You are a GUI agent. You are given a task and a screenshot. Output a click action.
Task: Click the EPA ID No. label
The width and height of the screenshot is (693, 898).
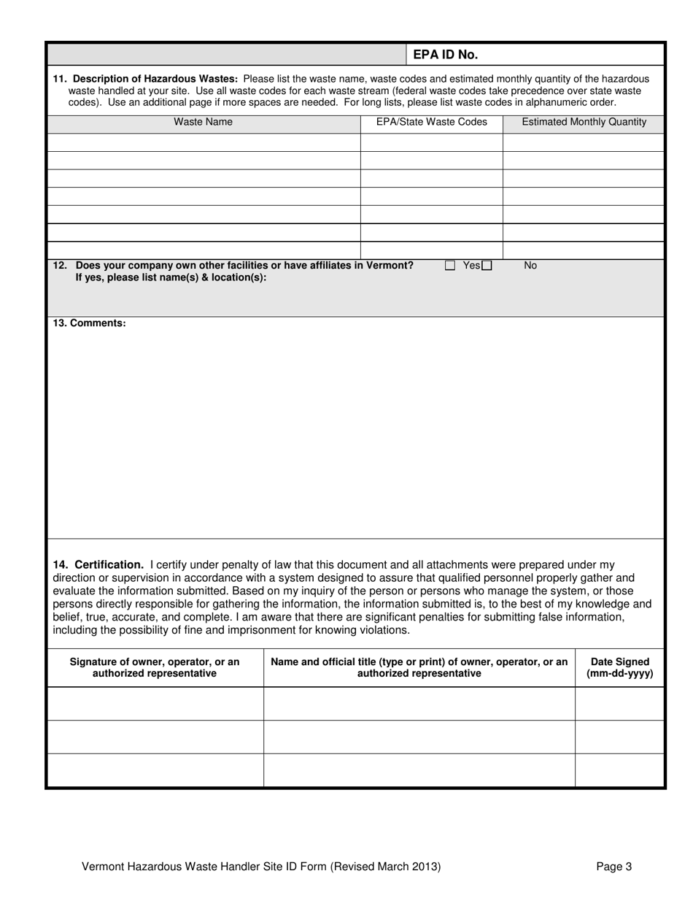pos(446,55)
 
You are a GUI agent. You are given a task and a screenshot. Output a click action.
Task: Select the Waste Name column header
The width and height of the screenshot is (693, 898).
pos(203,122)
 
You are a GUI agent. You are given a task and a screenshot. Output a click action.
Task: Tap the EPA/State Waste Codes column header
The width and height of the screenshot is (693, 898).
pos(431,122)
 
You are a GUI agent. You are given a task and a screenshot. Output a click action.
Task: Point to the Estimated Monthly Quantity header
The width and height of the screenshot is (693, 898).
pos(584,122)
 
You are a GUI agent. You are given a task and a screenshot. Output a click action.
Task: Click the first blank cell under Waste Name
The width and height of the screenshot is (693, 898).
pos(204,142)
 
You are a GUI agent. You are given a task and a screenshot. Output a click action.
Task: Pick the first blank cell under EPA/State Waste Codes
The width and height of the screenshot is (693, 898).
pos(431,142)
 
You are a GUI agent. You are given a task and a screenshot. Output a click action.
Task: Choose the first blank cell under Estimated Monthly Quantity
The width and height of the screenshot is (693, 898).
pos(584,142)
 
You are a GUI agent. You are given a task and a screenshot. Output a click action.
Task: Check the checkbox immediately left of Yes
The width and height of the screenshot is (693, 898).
pos(450,266)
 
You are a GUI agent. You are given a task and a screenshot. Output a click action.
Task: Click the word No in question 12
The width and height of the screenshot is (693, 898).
pos(530,266)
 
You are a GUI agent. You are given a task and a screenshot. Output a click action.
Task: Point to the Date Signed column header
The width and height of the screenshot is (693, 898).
pos(619,667)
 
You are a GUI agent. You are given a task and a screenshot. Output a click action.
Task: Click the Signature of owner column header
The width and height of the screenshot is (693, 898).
pos(155,667)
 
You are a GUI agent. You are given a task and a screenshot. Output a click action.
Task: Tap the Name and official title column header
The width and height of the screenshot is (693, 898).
pos(419,667)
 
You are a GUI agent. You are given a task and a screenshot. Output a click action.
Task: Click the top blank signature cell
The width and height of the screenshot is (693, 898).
pos(155,704)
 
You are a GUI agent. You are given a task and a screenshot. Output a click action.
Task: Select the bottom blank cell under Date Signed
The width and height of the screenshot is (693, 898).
pos(619,770)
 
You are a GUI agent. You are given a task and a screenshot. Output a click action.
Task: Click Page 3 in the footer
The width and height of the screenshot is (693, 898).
pos(613,867)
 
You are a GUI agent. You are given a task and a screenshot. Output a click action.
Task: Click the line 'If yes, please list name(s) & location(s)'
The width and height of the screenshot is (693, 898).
pos(171,277)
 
